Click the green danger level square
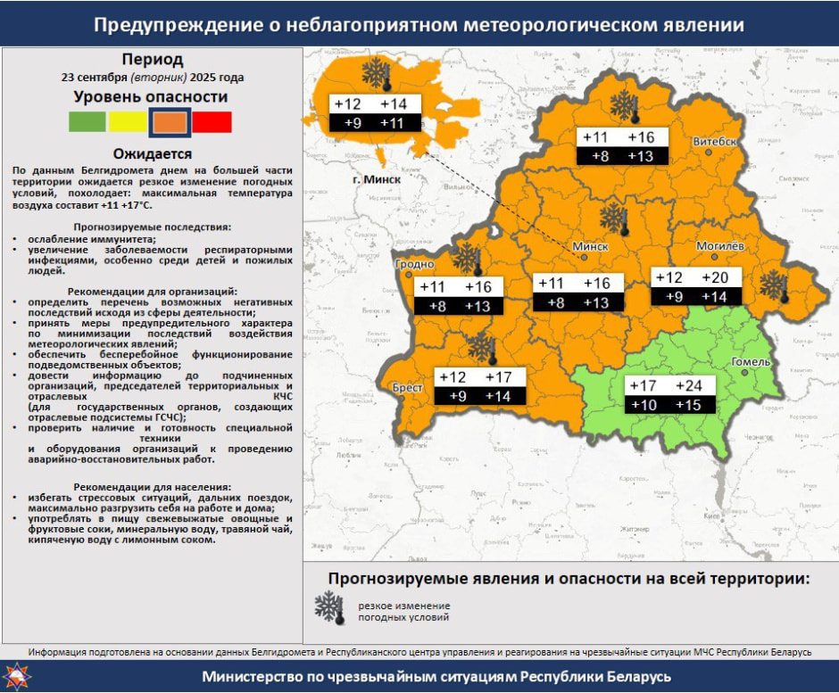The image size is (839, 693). [87, 122]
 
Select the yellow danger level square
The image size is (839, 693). [128, 122]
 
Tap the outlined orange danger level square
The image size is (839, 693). [170, 122]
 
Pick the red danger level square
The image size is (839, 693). [212, 122]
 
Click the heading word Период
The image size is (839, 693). [153, 61]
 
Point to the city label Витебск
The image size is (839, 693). [715, 142]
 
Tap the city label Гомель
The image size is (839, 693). [749, 361]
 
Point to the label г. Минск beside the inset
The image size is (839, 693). [376, 179]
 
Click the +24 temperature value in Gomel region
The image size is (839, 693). [688, 386]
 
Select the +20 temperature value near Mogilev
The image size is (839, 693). [715, 278]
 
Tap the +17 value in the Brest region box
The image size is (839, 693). [499, 377]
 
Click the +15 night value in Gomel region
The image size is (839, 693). [688, 406]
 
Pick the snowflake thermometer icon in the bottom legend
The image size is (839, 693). [329, 608]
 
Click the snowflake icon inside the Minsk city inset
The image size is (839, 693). [376, 75]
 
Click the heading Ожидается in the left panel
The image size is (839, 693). [152, 153]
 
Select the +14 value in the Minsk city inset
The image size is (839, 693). [393, 104]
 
